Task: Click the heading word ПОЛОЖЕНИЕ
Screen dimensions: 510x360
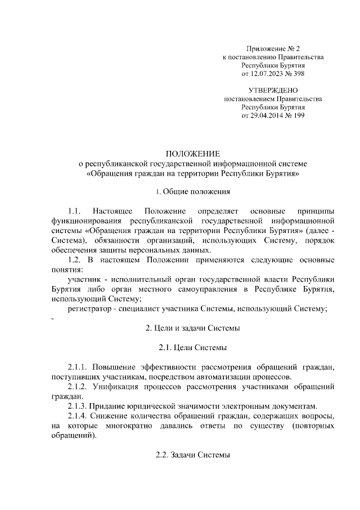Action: [x=192, y=153]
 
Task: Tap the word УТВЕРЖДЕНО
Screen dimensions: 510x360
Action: [x=273, y=90]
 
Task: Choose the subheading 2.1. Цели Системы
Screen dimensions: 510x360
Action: [x=192, y=347]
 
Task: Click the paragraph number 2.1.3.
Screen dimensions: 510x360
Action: [x=79, y=406]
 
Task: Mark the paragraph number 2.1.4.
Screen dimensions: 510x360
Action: [x=79, y=416]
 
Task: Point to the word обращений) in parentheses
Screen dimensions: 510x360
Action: [x=74, y=436]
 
